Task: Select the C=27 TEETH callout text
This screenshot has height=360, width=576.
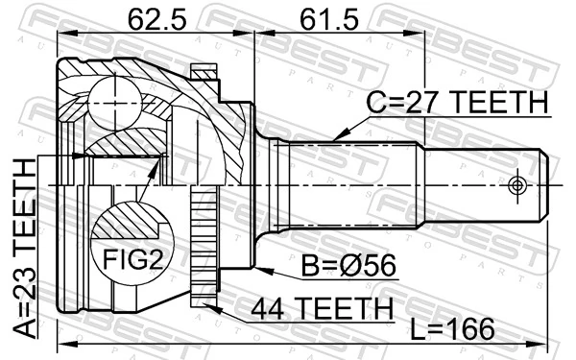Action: coord(457,102)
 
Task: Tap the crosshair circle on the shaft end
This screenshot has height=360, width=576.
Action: coord(519,183)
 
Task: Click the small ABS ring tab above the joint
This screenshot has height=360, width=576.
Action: coord(204,73)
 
